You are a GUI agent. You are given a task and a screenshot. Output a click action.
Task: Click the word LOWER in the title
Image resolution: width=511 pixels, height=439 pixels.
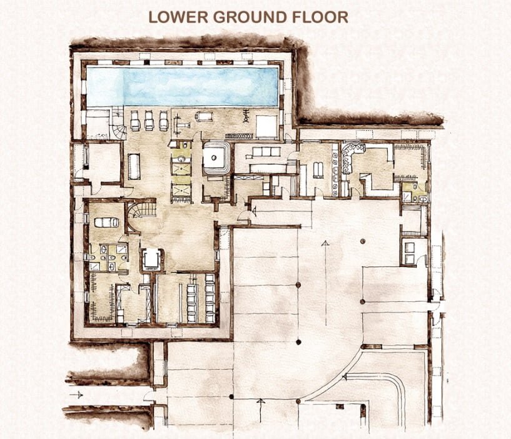[x=178, y=18]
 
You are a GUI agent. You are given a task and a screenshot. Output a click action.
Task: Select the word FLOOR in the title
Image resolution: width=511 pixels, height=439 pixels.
[x=320, y=18]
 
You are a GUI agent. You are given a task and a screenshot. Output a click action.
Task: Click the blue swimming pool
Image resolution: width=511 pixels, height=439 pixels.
[x=182, y=87]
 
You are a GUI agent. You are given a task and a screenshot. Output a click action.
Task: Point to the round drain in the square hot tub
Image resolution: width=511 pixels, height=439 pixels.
[x=213, y=158]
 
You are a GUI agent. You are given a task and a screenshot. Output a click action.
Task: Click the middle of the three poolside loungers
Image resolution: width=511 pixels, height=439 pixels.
[x=149, y=121]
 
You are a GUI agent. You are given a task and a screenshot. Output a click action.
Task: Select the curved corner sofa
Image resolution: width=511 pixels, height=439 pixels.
[x=351, y=156]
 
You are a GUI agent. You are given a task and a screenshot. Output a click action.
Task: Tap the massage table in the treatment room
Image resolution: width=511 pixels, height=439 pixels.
[x=106, y=222]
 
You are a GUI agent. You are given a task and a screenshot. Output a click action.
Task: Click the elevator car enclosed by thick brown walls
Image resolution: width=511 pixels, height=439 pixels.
[x=151, y=260]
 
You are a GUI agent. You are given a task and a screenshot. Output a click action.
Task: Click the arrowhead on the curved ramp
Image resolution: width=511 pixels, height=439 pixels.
[x=344, y=377]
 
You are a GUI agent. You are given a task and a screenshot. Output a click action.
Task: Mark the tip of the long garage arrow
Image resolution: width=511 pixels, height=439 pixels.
[x=325, y=241]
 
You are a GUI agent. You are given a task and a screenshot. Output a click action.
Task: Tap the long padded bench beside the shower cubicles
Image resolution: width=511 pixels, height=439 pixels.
[x=134, y=166]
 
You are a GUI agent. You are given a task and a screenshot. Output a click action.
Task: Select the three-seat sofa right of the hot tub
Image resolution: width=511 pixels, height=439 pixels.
[x=266, y=151]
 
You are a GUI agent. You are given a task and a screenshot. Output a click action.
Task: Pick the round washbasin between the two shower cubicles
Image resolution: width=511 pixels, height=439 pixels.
[x=181, y=159]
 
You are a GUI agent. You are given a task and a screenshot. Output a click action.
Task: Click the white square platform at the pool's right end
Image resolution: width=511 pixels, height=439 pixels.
[x=266, y=127]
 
